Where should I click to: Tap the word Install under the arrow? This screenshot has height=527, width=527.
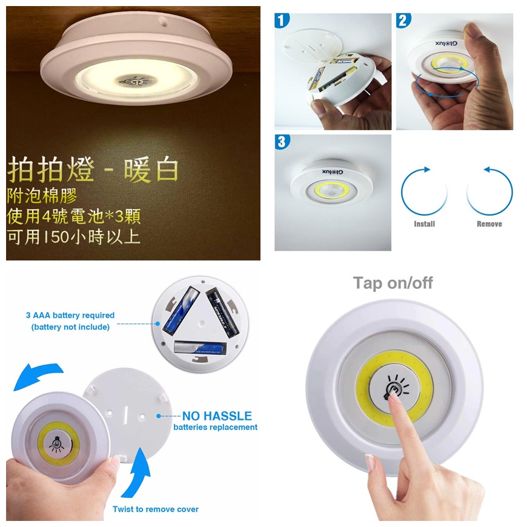(x=424, y=224)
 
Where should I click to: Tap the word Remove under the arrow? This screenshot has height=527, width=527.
(x=489, y=224)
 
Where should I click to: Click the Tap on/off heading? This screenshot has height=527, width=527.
(x=393, y=283)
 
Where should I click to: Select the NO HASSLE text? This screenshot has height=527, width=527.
(x=217, y=416)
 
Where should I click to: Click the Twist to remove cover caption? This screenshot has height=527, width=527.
(x=156, y=509)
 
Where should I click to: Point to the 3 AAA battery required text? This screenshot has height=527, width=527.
(x=70, y=316)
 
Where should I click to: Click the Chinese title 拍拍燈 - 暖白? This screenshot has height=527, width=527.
(x=93, y=171)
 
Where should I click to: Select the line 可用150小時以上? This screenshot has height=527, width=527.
(x=73, y=236)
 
